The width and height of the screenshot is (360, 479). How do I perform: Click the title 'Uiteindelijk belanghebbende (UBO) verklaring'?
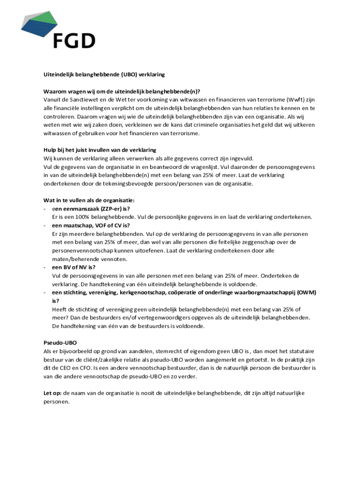(x=104, y=74)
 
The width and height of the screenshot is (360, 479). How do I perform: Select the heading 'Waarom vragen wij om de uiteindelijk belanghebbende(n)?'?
(x=125, y=91)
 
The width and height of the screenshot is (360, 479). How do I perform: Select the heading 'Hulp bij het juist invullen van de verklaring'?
(x=100, y=150)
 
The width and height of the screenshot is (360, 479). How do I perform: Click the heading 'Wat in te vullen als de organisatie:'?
(x=89, y=201)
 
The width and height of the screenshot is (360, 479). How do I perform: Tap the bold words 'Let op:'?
(x=52, y=393)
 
